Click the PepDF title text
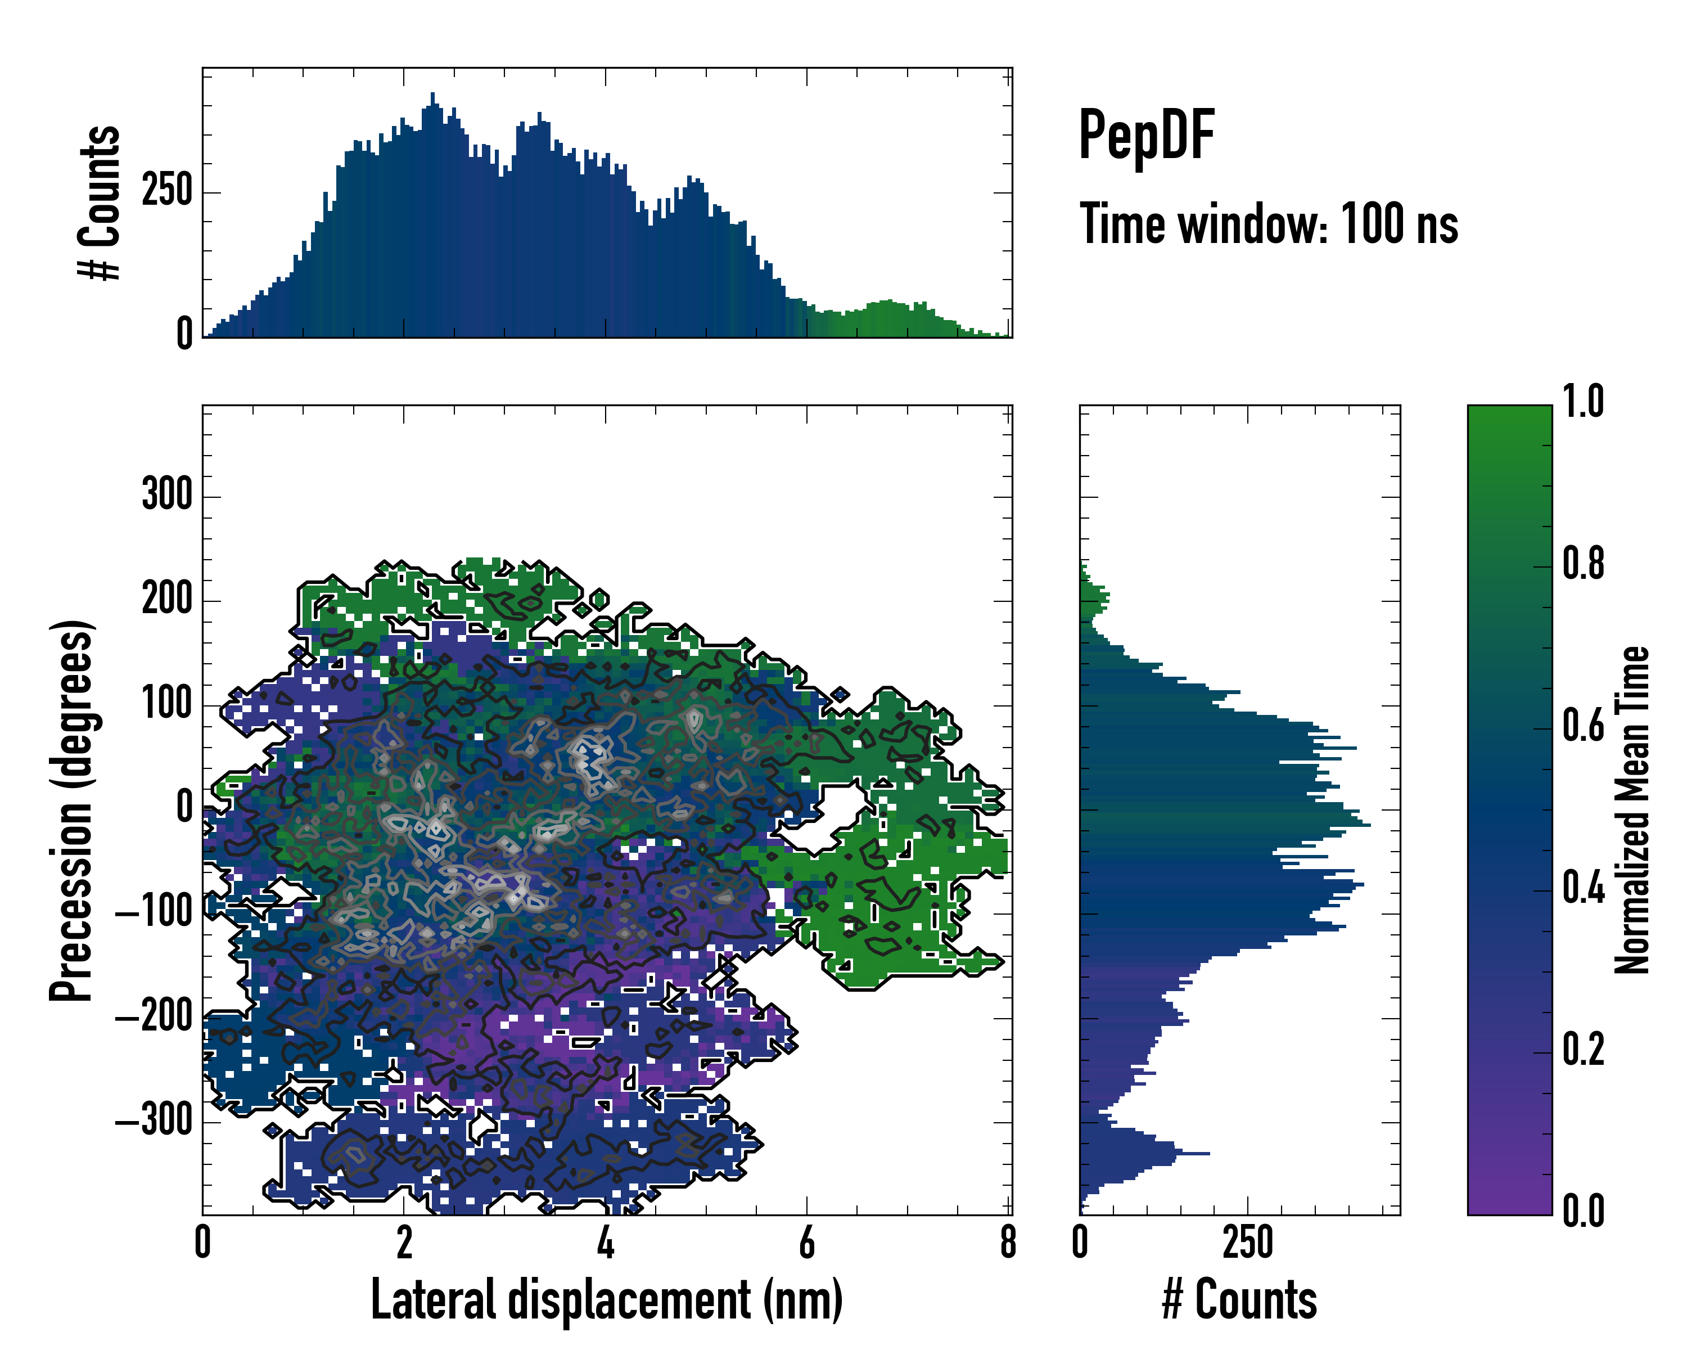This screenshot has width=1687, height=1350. point(1146,136)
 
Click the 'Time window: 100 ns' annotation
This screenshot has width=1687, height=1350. point(1269,224)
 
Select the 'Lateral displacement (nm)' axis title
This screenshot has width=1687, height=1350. point(606,1300)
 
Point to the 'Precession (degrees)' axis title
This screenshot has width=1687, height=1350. point(72,810)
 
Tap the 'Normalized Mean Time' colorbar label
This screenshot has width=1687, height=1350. point(1632,810)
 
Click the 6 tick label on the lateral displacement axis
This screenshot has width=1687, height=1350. point(807,1243)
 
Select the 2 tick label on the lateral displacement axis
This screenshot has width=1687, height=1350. point(404,1243)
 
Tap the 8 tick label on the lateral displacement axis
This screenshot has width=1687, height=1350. point(1008,1243)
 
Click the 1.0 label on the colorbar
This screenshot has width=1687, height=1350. point(1583,402)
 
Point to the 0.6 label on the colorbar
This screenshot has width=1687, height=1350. point(1583,726)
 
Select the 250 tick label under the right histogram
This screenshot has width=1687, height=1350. point(1247,1243)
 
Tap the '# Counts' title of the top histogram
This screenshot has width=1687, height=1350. point(100,202)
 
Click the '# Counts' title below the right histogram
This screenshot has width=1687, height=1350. point(1239,1300)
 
